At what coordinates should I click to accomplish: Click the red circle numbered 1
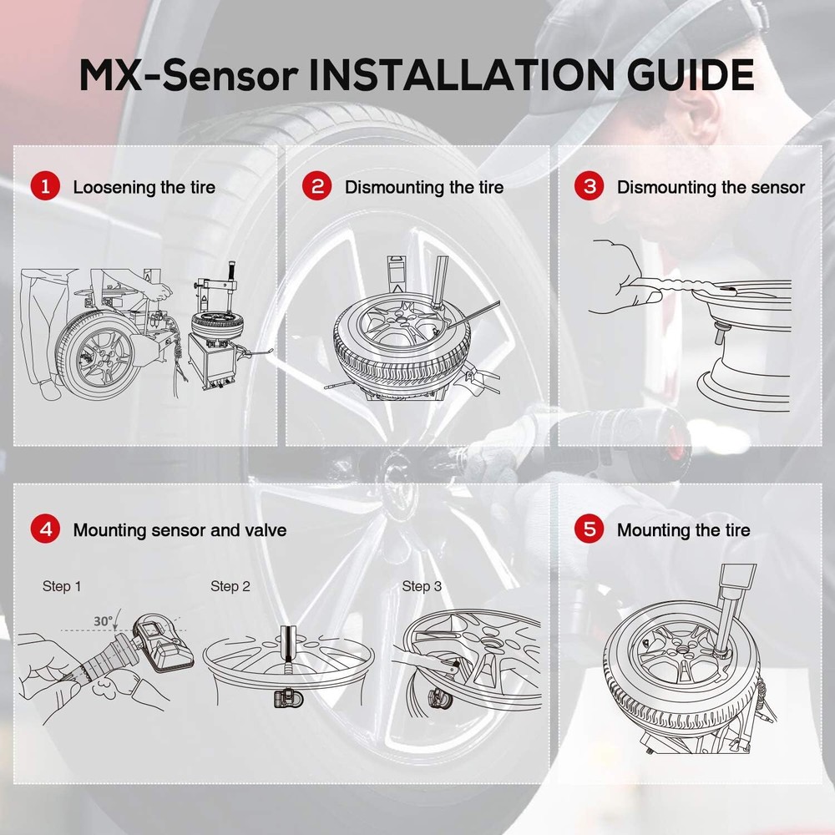(x=45, y=186)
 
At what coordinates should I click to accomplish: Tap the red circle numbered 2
(x=317, y=186)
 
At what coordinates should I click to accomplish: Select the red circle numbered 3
(x=590, y=186)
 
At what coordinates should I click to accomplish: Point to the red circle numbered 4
(x=45, y=529)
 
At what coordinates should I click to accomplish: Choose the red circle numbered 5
(x=590, y=529)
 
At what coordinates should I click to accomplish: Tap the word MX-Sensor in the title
(x=189, y=74)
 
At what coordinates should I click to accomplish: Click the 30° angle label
(x=104, y=622)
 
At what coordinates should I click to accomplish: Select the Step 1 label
(x=62, y=587)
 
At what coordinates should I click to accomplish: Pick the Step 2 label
(x=230, y=587)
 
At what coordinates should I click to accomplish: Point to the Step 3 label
(x=422, y=587)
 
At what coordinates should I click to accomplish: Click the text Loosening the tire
(x=144, y=187)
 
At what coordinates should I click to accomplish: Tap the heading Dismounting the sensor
(x=711, y=187)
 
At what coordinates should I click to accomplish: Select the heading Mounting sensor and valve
(x=180, y=530)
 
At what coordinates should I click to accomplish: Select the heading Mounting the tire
(x=683, y=530)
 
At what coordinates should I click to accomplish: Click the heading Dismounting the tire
(x=424, y=187)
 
